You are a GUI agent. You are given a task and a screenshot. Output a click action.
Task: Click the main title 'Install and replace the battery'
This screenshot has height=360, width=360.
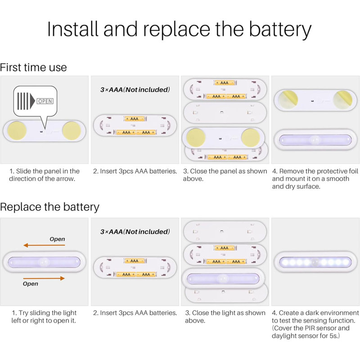click(x=179, y=30)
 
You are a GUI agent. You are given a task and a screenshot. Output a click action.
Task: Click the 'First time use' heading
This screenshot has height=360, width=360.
click(x=33, y=67)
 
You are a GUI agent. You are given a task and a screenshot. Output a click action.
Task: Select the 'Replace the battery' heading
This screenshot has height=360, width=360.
click(x=49, y=207)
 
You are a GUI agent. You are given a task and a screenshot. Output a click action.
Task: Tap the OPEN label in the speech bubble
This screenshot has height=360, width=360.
click(x=45, y=101)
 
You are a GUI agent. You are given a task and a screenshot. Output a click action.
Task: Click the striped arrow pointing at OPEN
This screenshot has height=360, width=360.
click(x=26, y=101)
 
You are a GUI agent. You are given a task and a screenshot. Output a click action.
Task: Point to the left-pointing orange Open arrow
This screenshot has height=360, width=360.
click(x=44, y=245)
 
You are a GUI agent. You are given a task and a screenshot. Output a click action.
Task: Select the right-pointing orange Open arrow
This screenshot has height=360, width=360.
click(x=44, y=279)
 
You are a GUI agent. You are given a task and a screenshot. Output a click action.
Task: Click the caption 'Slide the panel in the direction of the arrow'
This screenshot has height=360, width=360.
click(x=44, y=175)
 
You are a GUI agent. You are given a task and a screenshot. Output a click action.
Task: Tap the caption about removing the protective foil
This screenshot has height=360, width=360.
click(x=315, y=179)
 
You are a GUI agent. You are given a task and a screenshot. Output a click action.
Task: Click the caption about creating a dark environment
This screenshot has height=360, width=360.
click(x=315, y=324)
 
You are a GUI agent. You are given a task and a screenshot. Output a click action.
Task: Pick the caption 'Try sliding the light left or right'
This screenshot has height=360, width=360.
click(x=44, y=317)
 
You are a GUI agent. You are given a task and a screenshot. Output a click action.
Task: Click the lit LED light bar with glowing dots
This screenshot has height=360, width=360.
click(x=315, y=262)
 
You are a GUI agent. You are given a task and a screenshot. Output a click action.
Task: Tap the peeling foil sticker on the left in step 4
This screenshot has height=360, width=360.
click(x=288, y=99)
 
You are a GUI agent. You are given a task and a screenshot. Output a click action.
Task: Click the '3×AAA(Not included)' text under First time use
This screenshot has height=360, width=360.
click(x=135, y=90)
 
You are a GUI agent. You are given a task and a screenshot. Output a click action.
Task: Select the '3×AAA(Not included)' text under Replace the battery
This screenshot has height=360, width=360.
click(x=135, y=232)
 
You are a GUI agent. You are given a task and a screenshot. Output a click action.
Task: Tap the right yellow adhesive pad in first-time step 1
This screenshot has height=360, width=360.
click(x=72, y=130)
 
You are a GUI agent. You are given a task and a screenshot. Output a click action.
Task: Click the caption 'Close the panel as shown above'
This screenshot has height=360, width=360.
click(x=225, y=175)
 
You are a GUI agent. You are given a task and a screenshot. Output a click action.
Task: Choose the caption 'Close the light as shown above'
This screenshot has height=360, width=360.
click(x=225, y=317)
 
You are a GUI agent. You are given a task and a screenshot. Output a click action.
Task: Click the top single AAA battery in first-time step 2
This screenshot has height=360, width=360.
click(x=135, y=119)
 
